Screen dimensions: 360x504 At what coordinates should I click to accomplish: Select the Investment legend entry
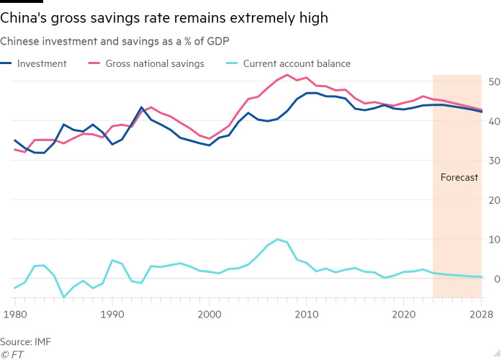click(x=40, y=63)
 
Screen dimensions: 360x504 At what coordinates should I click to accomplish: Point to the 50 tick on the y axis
click(x=494, y=82)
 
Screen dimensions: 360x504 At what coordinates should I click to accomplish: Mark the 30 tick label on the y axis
click(x=494, y=161)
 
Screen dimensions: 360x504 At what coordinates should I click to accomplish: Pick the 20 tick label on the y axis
click(x=494, y=199)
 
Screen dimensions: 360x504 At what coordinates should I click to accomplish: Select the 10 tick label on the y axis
click(x=494, y=239)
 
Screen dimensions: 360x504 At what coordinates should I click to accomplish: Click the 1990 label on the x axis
click(x=112, y=314)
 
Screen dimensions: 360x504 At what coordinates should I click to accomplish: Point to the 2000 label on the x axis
click(x=210, y=314)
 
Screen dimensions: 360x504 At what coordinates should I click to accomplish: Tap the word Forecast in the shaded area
click(x=459, y=177)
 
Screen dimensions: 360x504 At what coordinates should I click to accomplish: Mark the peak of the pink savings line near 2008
click(x=287, y=75)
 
